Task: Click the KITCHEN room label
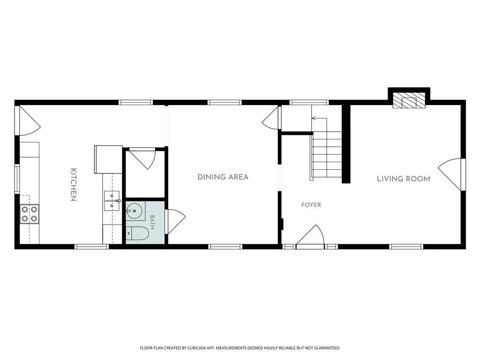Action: point(74,185)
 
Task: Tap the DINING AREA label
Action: point(223,177)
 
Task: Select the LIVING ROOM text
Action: point(404,179)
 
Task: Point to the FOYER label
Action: point(311,205)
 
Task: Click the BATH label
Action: point(152,222)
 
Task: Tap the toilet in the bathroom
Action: point(137,233)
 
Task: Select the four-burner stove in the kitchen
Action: point(30,214)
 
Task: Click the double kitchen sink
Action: point(112,201)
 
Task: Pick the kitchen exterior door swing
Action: point(29,120)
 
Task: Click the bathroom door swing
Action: point(175,222)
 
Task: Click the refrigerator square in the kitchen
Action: point(108,159)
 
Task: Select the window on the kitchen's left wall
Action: point(17,179)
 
